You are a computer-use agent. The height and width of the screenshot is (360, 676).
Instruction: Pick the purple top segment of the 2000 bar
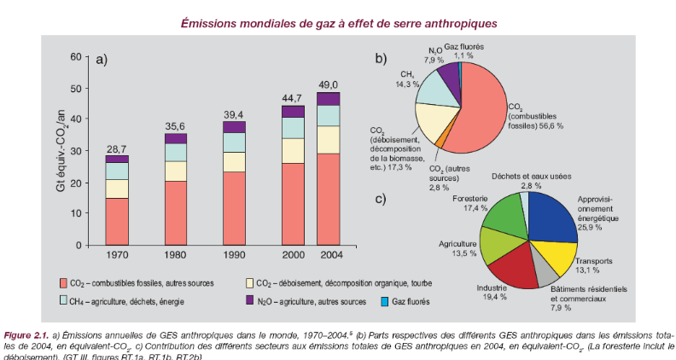pyautogui.click(x=293, y=111)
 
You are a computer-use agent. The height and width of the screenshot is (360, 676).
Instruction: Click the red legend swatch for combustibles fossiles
pyautogui.click(x=64, y=282)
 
